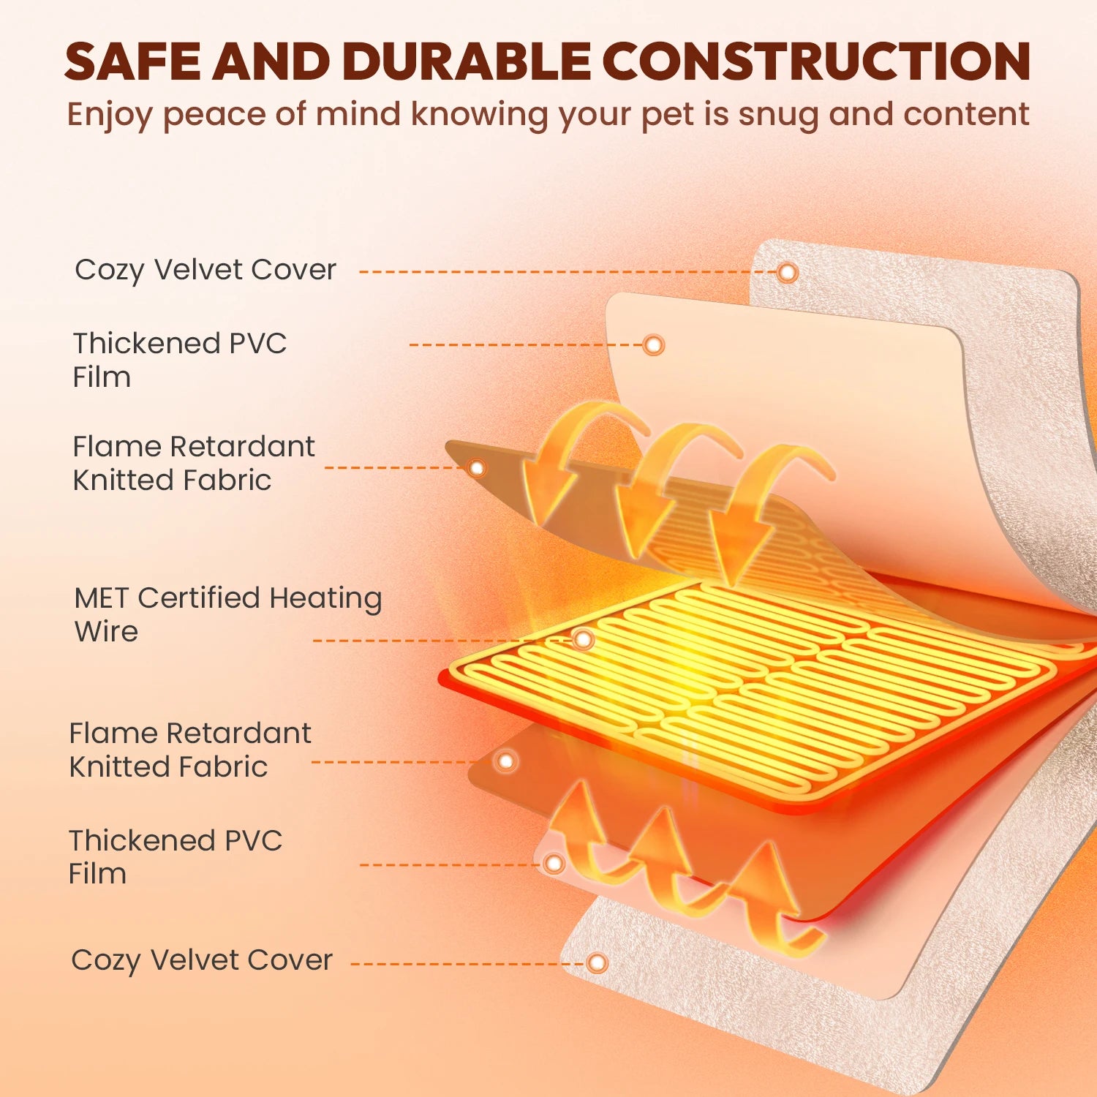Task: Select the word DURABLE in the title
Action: (466, 61)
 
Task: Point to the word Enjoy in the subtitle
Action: (110, 116)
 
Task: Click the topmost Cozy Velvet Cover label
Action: (206, 270)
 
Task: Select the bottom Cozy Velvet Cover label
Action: (202, 960)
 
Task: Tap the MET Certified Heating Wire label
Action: (227, 614)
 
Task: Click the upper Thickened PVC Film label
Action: (179, 360)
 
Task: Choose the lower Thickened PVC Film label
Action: (175, 856)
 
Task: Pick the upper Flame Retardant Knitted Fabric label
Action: (194, 463)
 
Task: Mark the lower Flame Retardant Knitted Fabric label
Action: (190, 750)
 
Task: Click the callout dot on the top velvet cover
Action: (787, 273)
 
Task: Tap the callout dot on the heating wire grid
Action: (583, 640)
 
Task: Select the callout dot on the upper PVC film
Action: (653, 344)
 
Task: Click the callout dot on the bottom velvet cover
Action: (597, 962)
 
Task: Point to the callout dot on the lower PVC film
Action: (554, 864)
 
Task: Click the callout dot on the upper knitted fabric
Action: (477, 467)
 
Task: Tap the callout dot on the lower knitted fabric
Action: (505, 761)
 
